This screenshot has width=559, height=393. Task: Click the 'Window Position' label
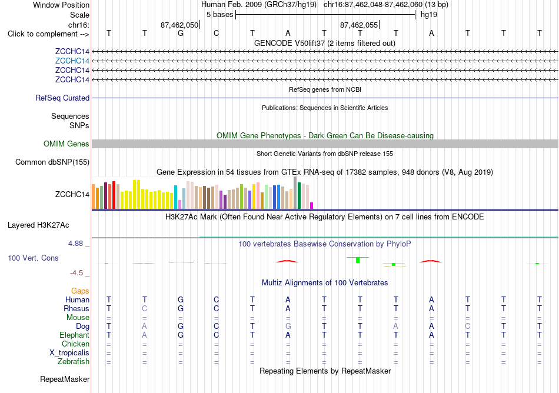pyautogui.click(x=61, y=5)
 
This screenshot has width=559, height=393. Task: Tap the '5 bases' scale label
pyautogui.click(x=219, y=15)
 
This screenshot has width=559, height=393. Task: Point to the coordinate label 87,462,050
pyautogui.click(x=179, y=25)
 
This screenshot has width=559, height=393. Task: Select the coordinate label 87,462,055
pyautogui.click(x=359, y=25)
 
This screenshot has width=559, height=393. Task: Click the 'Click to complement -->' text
pyautogui.click(x=48, y=34)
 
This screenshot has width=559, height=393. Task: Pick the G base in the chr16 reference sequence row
pyautogui.click(x=181, y=33)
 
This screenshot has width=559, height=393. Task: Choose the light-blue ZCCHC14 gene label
pyautogui.click(x=72, y=61)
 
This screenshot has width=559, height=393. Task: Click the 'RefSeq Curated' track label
pyautogui.click(x=62, y=98)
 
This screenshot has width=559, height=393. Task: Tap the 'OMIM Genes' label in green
pyautogui.click(x=66, y=144)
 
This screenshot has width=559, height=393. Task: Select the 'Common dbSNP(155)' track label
pyautogui.click(x=52, y=162)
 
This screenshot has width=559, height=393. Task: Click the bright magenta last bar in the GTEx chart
pyautogui.click(x=312, y=205)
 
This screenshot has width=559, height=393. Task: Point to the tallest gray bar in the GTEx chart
pyautogui.click(x=295, y=193)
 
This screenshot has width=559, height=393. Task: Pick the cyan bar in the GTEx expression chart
pyautogui.click(x=175, y=197)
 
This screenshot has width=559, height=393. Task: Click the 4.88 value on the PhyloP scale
pyautogui.click(x=75, y=244)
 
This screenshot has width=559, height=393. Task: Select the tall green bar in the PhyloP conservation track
pyautogui.click(x=358, y=259)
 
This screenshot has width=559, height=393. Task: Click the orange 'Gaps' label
pyautogui.click(x=80, y=291)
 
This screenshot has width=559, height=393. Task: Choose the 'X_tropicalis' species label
pyautogui.click(x=69, y=353)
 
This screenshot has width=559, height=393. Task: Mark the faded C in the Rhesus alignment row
pyautogui.click(x=144, y=308)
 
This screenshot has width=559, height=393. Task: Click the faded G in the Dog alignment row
pyautogui.click(x=288, y=326)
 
